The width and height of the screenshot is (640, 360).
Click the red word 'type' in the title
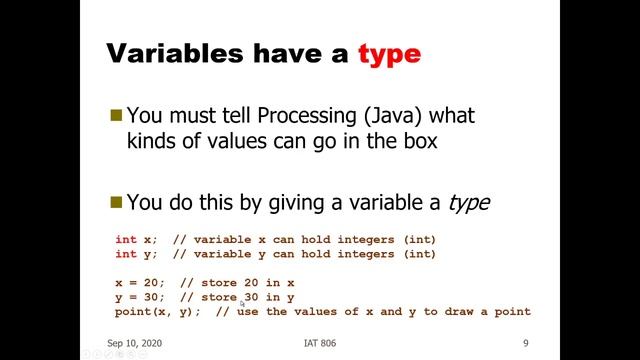(389, 53)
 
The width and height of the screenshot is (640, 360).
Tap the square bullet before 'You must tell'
(116, 115)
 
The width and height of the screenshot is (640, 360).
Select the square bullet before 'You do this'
(116, 202)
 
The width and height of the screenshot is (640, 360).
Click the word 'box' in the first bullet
(417, 141)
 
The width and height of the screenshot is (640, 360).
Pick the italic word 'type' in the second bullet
(468, 203)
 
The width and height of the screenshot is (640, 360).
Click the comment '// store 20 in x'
(237, 283)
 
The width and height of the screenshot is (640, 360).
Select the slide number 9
(525, 342)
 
